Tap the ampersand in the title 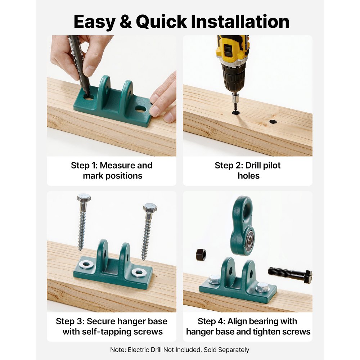(126, 22)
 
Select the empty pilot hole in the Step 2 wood (273, 122)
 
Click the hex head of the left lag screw (84, 198)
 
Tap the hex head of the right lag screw (149, 208)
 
